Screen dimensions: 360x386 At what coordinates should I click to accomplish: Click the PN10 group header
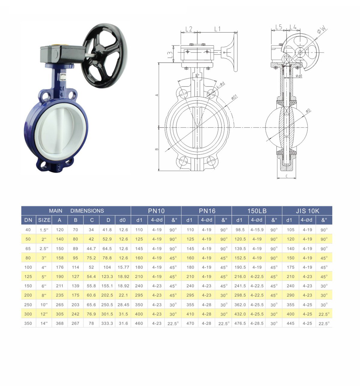point(156,211)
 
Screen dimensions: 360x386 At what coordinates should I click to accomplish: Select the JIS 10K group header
point(307,211)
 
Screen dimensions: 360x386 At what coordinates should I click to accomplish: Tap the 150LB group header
point(257,211)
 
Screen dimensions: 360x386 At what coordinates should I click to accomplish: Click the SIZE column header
point(44,220)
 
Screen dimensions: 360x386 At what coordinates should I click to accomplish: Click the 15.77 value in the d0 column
point(123,267)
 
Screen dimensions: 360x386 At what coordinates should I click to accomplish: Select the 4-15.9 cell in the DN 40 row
point(257,230)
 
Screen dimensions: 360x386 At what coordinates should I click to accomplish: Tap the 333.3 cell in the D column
point(107,324)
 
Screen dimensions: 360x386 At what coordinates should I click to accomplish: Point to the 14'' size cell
point(44,324)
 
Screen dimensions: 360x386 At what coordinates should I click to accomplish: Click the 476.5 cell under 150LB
point(240,324)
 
